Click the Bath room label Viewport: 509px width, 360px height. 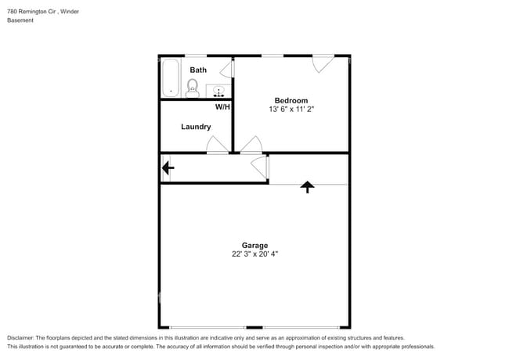(x=198, y=70)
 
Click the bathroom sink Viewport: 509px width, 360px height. (x=218, y=88)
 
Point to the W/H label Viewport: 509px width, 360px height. (x=222, y=106)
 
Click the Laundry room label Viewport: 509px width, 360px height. (x=196, y=127)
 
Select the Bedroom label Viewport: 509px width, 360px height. (x=291, y=100)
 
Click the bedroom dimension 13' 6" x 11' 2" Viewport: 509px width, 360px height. (x=291, y=110)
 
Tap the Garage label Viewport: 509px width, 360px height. (x=254, y=245)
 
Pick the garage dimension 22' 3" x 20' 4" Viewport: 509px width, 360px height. (x=254, y=254)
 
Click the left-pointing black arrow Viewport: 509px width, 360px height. (x=168, y=167)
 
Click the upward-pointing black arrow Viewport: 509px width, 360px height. (x=308, y=187)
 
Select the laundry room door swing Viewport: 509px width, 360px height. (x=215, y=145)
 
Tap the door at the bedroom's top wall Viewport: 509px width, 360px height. (x=323, y=64)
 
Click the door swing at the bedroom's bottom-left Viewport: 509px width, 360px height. (x=251, y=145)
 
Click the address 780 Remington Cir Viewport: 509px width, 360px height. (x=31, y=12)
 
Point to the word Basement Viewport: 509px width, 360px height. (x=20, y=21)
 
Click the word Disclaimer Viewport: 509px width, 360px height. (x=22, y=337)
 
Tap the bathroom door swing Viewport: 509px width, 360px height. (x=226, y=70)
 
